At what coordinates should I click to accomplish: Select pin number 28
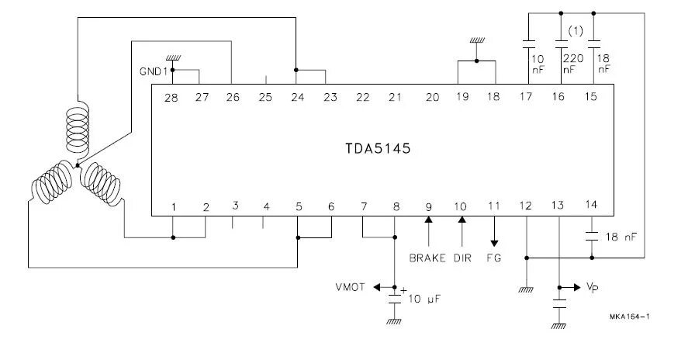(171, 97)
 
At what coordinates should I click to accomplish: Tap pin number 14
(592, 205)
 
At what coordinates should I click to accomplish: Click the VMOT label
(351, 287)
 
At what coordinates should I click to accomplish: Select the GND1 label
(154, 71)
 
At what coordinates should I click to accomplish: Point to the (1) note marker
(576, 31)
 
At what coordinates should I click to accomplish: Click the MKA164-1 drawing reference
(629, 317)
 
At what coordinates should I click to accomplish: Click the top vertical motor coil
(78, 128)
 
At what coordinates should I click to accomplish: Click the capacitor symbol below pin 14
(592, 234)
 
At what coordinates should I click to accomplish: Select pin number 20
(433, 97)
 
